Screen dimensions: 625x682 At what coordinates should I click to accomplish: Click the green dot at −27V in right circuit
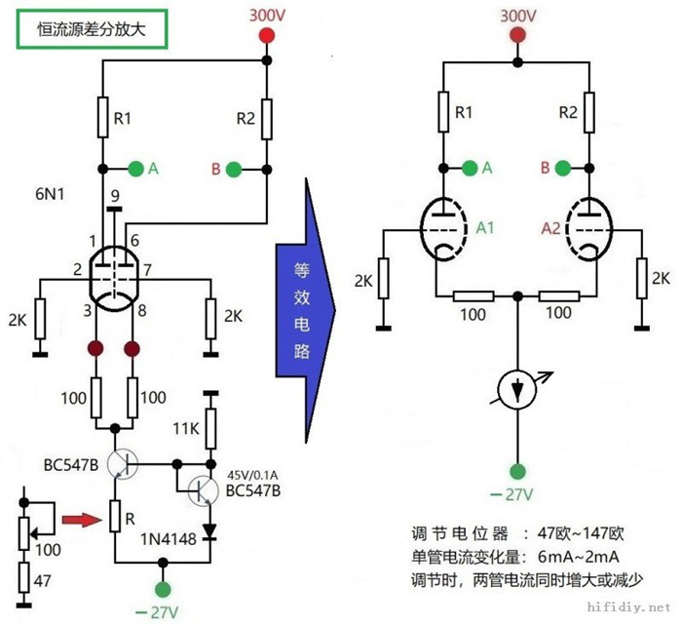tap(518, 468)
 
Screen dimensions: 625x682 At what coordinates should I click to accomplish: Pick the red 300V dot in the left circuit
tap(263, 37)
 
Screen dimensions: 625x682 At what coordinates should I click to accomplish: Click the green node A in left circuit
tap(136, 169)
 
